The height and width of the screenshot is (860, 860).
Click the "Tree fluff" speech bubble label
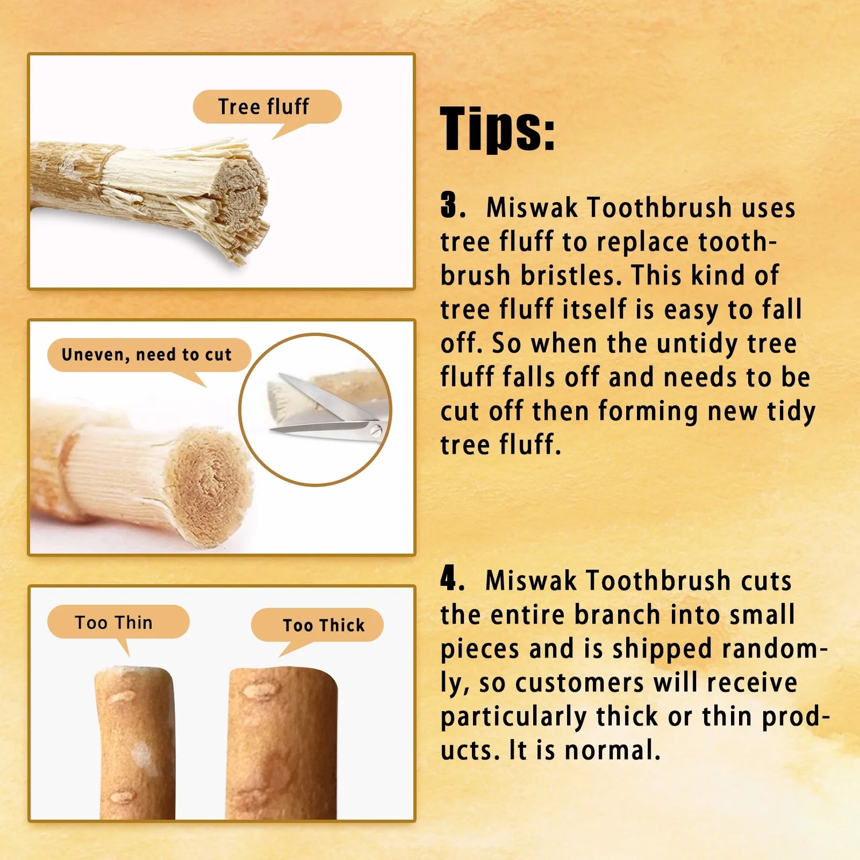coord(267,107)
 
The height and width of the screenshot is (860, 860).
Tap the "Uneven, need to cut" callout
coord(148,355)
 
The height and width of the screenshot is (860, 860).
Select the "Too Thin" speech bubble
coord(118,623)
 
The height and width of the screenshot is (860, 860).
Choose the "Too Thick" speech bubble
coord(318,626)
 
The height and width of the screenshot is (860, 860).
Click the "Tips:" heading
coord(498,130)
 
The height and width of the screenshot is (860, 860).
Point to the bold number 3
coord(452,205)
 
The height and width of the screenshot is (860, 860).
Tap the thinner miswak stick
coord(135,742)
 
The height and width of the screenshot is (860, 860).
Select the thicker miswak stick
coord(282,742)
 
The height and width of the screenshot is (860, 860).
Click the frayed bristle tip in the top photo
coord(241,201)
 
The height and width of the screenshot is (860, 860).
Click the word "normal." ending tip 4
coord(613,750)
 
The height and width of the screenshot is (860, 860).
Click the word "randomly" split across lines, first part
coord(775,648)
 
